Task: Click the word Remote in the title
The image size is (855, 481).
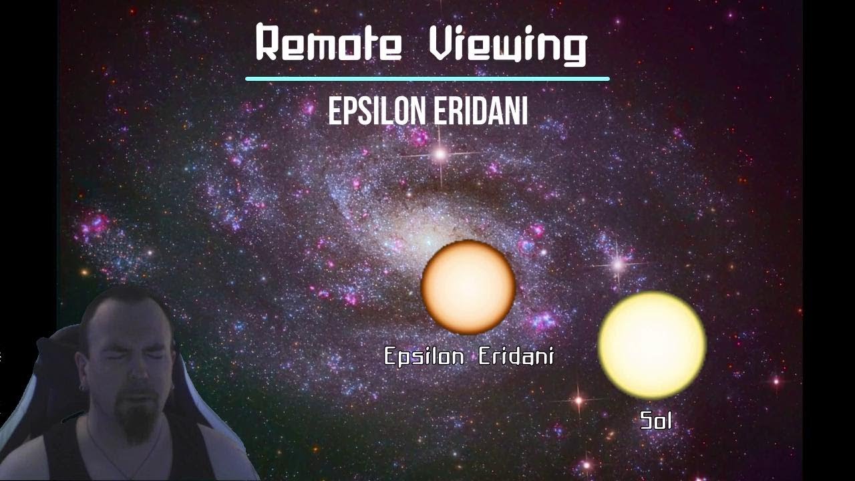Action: tap(328, 44)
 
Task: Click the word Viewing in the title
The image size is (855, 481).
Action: tap(507, 45)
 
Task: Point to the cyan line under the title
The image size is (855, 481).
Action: tap(427, 79)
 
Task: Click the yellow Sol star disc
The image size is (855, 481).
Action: tap(652, 345)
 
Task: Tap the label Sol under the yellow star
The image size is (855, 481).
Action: tap(655, 420)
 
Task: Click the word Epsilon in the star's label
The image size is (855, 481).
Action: tap(423, 357)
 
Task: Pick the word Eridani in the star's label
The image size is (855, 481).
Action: tap(516, 356)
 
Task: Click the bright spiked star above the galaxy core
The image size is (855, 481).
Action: tap(440, 155)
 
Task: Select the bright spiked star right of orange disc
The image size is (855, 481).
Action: tap(619, 265)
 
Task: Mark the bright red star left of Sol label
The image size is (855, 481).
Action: tap(578, 400)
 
